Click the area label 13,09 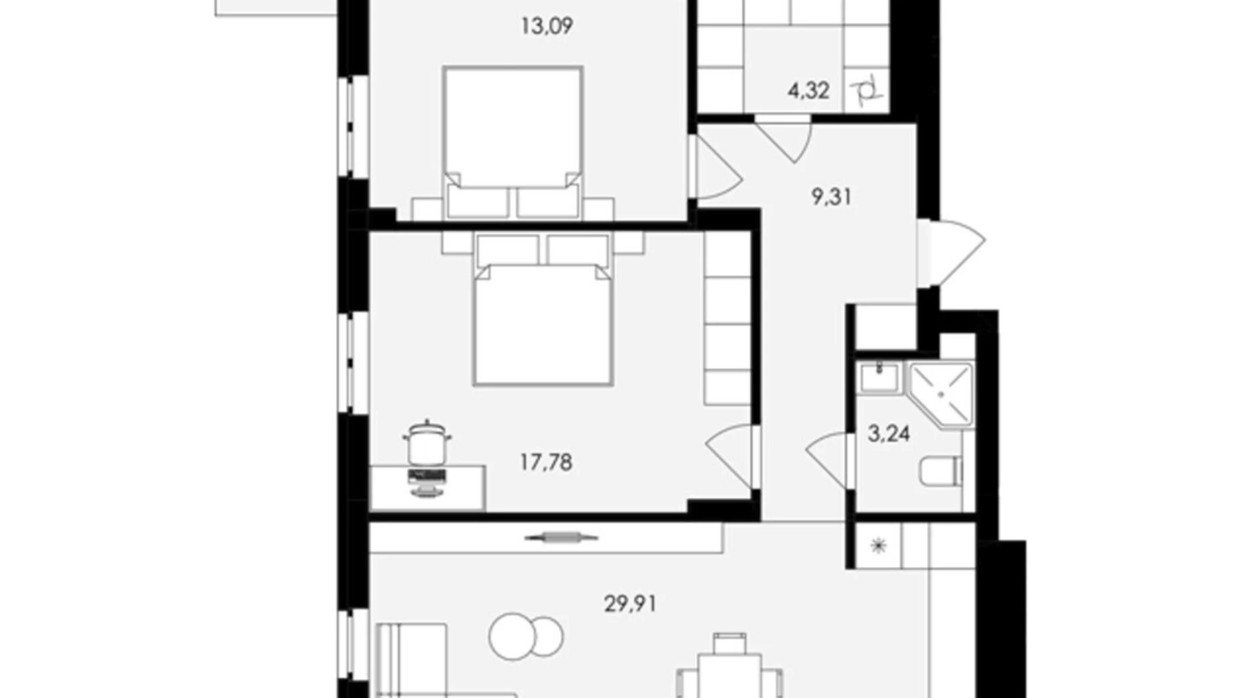[x=547, y=26]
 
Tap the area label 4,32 [x=808, y=90]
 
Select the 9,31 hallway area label [x=831, y=197]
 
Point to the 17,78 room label [x=546, y=462]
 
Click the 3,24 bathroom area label [x=889, y=434]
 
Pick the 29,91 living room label [x=631, y=604]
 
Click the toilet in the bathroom [x=940, y=471]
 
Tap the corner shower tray [x=940, y=395]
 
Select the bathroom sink [x=879, y=377]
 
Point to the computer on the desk [x=427, y=482]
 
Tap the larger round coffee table [x=513, y=636]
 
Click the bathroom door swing [x=830, y=460]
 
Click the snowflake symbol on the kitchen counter [x=878, y=546]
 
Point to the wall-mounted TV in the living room [x=561, y=537]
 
